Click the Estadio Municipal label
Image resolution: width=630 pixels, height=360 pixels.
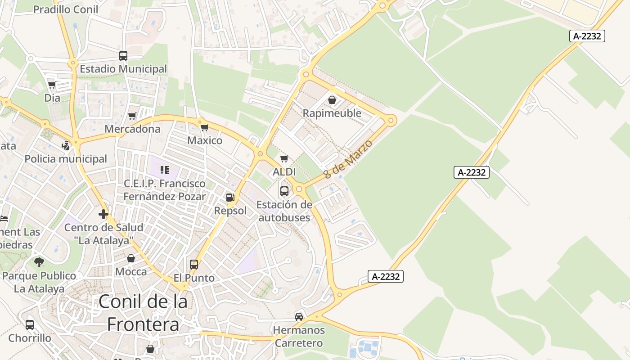coord(123,69)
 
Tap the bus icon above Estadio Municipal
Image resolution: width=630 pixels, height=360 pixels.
coord(123,56)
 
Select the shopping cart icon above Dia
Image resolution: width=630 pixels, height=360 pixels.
coord(52,85)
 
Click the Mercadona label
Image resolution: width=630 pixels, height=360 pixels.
coord(132,129)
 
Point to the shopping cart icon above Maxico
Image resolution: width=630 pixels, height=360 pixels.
coord(205,127)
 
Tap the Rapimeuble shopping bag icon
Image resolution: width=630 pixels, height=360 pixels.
coord(332,100)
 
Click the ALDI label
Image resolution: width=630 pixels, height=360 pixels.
coord(284,172)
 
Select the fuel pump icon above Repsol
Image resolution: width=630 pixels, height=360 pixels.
coord(230,197)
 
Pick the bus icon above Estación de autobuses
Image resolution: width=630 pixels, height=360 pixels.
coord(284,191)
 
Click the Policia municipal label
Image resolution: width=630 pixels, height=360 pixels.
coord(66,159)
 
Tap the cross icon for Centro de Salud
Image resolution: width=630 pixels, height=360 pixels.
coord(103,214)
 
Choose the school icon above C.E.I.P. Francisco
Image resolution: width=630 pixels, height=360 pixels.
coord(165,170)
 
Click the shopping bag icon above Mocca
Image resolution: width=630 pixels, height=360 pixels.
coord(131,258)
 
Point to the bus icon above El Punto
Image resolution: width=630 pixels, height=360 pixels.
coord(194,265)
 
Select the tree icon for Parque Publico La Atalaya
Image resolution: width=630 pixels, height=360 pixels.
coord(39,262)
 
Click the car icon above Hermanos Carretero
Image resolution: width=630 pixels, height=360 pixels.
coord(299,317)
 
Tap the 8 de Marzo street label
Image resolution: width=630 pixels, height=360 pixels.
coord(348,159)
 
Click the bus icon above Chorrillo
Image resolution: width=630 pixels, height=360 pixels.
coord(30,324)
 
